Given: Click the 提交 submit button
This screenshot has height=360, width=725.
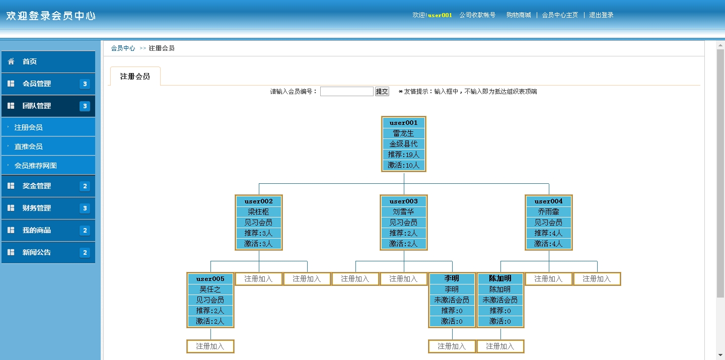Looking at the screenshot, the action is [382, 92].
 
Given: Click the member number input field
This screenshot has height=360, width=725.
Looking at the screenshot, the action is [346, 92].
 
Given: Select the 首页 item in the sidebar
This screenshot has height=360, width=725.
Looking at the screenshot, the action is [48, 61].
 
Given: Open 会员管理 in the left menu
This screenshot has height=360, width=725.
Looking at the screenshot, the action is [48, 84].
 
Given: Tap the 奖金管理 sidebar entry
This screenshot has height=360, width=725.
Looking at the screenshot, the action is [48, 186].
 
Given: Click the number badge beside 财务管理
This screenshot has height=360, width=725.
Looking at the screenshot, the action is [85, 208].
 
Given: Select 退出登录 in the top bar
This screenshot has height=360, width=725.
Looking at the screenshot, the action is [601, 15].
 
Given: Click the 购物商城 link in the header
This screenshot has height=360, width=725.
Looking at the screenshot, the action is [519, 15].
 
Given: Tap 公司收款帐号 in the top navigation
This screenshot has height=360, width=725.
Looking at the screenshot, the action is [477, 15].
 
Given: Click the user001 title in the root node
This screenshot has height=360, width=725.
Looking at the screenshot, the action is [404, 123].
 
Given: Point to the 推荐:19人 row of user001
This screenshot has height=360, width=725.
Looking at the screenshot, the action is [404, 155].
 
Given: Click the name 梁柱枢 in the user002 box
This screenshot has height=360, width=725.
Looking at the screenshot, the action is [259, 212].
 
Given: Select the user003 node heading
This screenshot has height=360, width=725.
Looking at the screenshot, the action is [404, 201].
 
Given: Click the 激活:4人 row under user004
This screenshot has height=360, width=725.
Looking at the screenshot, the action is [549, 244].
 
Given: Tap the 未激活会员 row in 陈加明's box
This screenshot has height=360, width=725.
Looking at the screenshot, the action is [500, 300].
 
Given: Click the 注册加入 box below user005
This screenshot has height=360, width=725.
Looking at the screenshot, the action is [210, 346].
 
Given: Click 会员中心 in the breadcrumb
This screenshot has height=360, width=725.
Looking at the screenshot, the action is [123, 48].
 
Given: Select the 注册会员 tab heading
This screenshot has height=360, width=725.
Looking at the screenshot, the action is [135, 77].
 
